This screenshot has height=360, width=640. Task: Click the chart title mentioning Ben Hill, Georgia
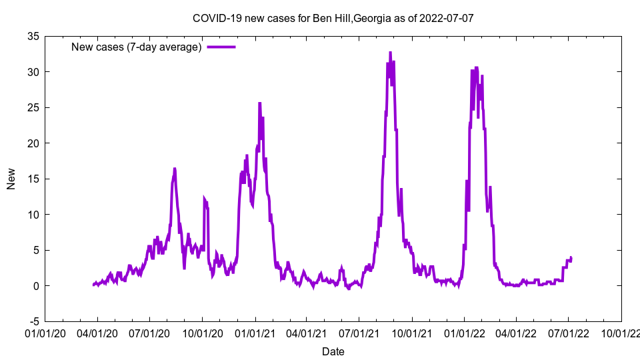tap(333, 18)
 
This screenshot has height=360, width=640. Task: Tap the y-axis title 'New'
tap(11, 179)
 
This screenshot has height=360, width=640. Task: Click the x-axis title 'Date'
tap(333, 351)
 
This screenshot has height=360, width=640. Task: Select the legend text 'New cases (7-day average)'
tap(137, 47)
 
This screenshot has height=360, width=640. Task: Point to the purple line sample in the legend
tap(221, 47)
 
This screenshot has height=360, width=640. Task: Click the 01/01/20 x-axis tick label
tap(45, 331)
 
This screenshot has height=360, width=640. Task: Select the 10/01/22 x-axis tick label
tap(621, 331)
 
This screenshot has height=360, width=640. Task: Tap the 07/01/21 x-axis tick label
tap(360, 331)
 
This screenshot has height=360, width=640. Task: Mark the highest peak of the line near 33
tap(390, 52)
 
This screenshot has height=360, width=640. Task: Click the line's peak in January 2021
tap(259, 103)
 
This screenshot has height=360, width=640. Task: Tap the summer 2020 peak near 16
tap(175, 169)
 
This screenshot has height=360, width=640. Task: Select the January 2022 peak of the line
tap(476, 67)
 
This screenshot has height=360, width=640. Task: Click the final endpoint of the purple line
tap(571, 257)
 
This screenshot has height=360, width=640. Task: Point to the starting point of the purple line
tap(93, 285)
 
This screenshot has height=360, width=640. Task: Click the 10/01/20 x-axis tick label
tap(202, 331)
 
